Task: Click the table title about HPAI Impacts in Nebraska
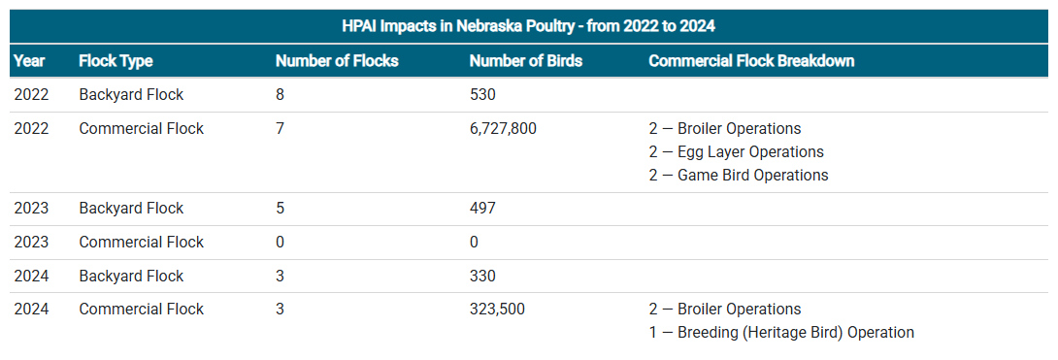point(528,25)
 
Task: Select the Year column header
point(29,61)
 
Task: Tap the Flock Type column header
point(116,61)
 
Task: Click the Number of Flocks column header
point(337,61)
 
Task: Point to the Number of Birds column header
point(525,61)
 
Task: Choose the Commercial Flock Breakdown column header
point(751,61)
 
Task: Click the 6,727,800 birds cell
point(503,128)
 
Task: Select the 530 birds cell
point(482,95)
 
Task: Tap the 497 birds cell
point(482,209)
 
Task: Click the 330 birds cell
point(482,277)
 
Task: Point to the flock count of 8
point(281,95)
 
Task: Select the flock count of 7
point(281,128)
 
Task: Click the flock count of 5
point(281,209)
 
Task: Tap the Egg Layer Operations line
point(736,152)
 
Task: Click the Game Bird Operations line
point(739,176)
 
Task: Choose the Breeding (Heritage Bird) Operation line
point(781,333)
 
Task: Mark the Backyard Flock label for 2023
point(131,209)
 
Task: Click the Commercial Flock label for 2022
point(141,128)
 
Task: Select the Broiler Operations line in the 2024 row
point(725,310)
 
